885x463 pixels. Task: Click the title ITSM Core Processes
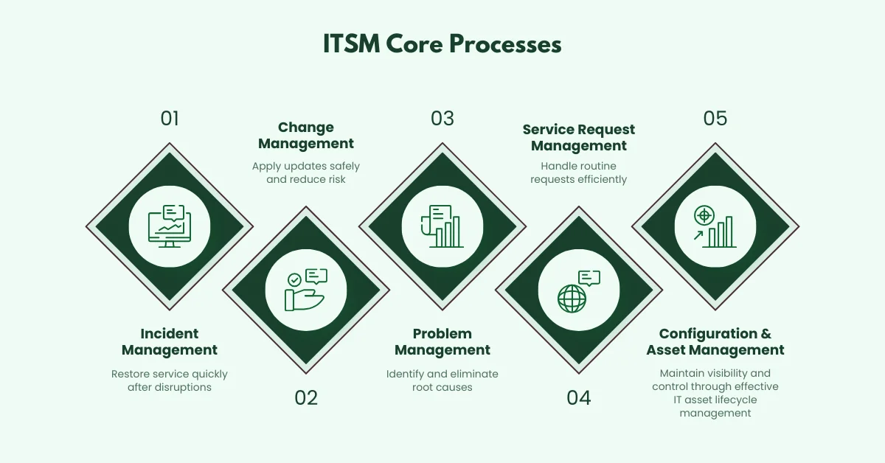pyautogui.click(x=442, y=43)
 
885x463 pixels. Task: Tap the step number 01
pyautogui.click(x=170, y=119)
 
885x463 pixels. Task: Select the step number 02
pyautogui.click(x=306, y=398)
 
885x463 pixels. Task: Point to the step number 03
pyautogui.click(x=442, y=119)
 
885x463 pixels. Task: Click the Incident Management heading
pyautogui.click(x=170, y=341)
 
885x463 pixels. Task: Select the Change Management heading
pyautogui.click(x=306, y=136)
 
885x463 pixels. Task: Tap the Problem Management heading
pyautogui.click(x=442, y=341)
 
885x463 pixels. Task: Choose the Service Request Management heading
pyautogui.click(x=579, y=137)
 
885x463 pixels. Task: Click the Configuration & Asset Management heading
pyautogui.click(x=715, y=341)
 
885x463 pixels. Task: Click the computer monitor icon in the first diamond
pyautogui.click(x=170, y=226)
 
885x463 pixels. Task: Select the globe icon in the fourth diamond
pyautogui.click(x=572, y=299)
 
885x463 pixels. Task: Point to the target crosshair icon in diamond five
pyautogui.click(x=704, y=216)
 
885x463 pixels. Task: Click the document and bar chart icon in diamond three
pyautogui.click(x=442, y=226)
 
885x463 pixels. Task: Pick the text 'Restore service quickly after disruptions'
pyautogui.click(x=170, y=380)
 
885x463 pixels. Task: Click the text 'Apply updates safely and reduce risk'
pyautogui.click(x=306, y=173)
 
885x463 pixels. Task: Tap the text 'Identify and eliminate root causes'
pyautogui.click(x=442, y=380)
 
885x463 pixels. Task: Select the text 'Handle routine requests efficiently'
pyautogui.click(x=579, y=173)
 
